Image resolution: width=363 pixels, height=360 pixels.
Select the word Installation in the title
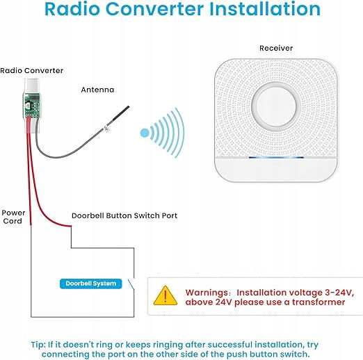pos(265,9)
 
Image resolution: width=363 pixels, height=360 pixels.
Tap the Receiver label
pos(276,48)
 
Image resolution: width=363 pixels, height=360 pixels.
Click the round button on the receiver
pos(276,107)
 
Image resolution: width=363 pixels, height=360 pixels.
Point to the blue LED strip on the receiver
pos(276,158)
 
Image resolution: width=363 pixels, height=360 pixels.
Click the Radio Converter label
pos(32,70)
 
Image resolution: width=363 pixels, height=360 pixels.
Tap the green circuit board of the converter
pos(31,106)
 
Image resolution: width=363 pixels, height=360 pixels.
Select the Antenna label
pos(97,90)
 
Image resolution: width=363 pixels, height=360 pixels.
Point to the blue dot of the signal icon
pos(145,133)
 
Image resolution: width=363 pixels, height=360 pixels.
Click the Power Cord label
pos(13,217)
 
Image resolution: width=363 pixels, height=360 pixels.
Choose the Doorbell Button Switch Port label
pos(124,215)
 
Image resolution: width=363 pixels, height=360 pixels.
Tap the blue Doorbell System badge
pos(91,284)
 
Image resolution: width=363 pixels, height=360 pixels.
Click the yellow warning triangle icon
pos(166,296)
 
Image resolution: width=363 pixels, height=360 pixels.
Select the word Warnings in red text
pos(207,293)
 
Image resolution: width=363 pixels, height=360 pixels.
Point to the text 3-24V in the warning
pos(339,293)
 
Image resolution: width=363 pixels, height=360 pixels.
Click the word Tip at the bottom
pos(38,345)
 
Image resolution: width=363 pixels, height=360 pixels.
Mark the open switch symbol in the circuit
pos(131,284)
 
